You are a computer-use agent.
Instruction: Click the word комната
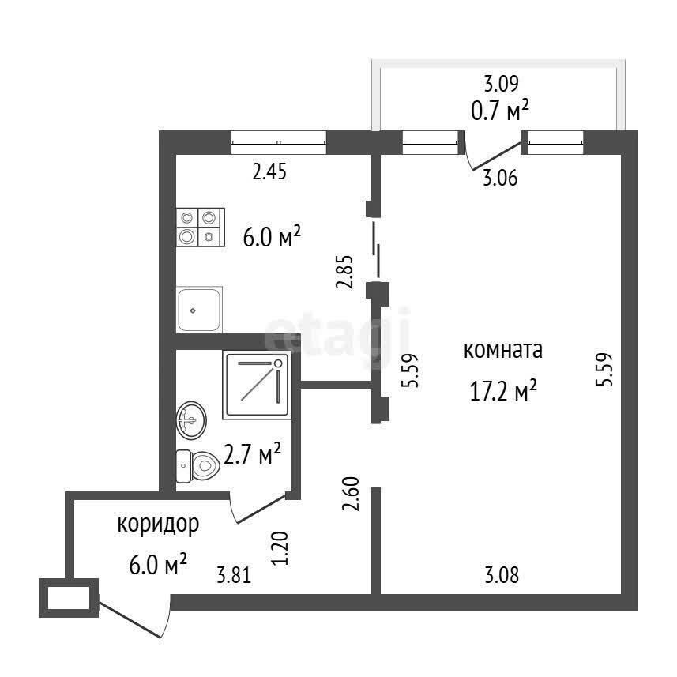coord(503,350)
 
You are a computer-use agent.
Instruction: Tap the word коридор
coord(158,525)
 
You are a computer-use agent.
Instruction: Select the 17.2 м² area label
coord(503,391)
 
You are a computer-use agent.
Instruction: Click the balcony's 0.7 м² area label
coord(500,111)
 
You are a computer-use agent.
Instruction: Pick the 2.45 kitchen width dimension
coord(269,172)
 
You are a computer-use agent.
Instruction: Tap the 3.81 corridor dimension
coord(234,576)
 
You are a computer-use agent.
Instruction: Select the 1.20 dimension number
coord(280,548)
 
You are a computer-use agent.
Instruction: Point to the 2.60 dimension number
coord(351,494)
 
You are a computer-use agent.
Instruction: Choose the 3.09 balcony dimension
coord(501,84)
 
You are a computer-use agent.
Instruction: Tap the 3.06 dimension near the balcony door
coord(500,178)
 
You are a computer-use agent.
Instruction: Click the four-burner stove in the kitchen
coord(201,227)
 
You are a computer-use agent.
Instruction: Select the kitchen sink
coord(200,309)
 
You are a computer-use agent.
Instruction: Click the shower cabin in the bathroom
coord(258,385)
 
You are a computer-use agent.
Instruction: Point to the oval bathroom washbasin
coord(191,420)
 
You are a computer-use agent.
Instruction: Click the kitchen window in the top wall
coord(279,142)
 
